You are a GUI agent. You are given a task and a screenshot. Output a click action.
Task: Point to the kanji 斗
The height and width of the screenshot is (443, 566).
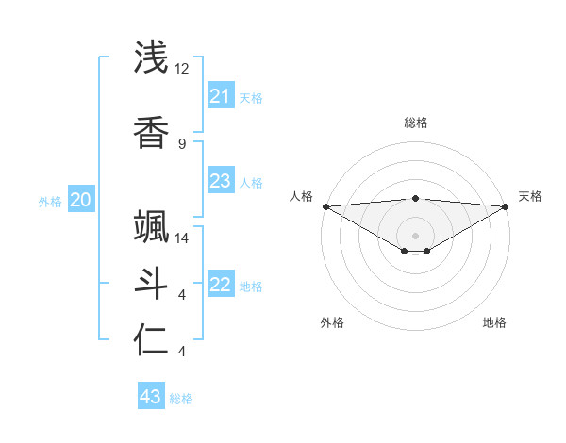pyautogui.click(x=152, y=283)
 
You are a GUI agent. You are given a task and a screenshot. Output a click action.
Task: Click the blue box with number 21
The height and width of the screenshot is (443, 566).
pyautogui.click(x=220, y=96)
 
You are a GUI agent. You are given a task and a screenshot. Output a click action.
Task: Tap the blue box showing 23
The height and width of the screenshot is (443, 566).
pyautogui.click(x=220, y=181)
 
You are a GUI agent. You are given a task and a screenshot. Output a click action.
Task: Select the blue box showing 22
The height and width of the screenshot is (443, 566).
pyautogui.click(x=220, y=285)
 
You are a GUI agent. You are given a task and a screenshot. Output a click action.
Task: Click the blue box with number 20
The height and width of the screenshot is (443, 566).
pyautogui.click(x=81, y=199)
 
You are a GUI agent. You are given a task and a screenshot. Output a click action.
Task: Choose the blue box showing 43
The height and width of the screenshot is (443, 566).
pyautogui.click(x=151, y=397)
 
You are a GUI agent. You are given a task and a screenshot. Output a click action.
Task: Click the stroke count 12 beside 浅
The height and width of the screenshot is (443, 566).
pyautogui.click(x=182, y=69)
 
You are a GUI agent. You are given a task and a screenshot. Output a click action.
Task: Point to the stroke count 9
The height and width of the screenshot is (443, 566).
pyautogui.click(x=182, y=143)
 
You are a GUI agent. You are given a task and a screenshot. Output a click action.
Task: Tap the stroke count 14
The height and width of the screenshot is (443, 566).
pyautogui.click(x=182, y=238)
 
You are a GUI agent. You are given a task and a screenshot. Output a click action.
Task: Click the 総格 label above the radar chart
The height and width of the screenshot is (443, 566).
pyautogui.click(x=416, y=123)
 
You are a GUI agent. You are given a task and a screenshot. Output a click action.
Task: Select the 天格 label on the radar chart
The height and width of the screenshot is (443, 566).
pyautogui.click(x=530, y=196)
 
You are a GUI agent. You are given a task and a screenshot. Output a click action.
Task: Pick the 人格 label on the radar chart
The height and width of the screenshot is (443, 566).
pyautogui.click(x=301, y=196)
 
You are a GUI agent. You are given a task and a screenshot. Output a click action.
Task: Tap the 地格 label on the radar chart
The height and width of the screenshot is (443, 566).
pyautogui.click(x=494, y=322)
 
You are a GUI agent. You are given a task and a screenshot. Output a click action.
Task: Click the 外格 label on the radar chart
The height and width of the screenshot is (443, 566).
pyautogui.click(x=332, y=322)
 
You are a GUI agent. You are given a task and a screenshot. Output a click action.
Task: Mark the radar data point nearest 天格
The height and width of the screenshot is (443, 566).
pyautogui.click(x=506, y=206)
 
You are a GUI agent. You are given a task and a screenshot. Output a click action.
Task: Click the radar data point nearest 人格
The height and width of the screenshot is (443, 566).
pyautogui.click(x=325, y=206)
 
